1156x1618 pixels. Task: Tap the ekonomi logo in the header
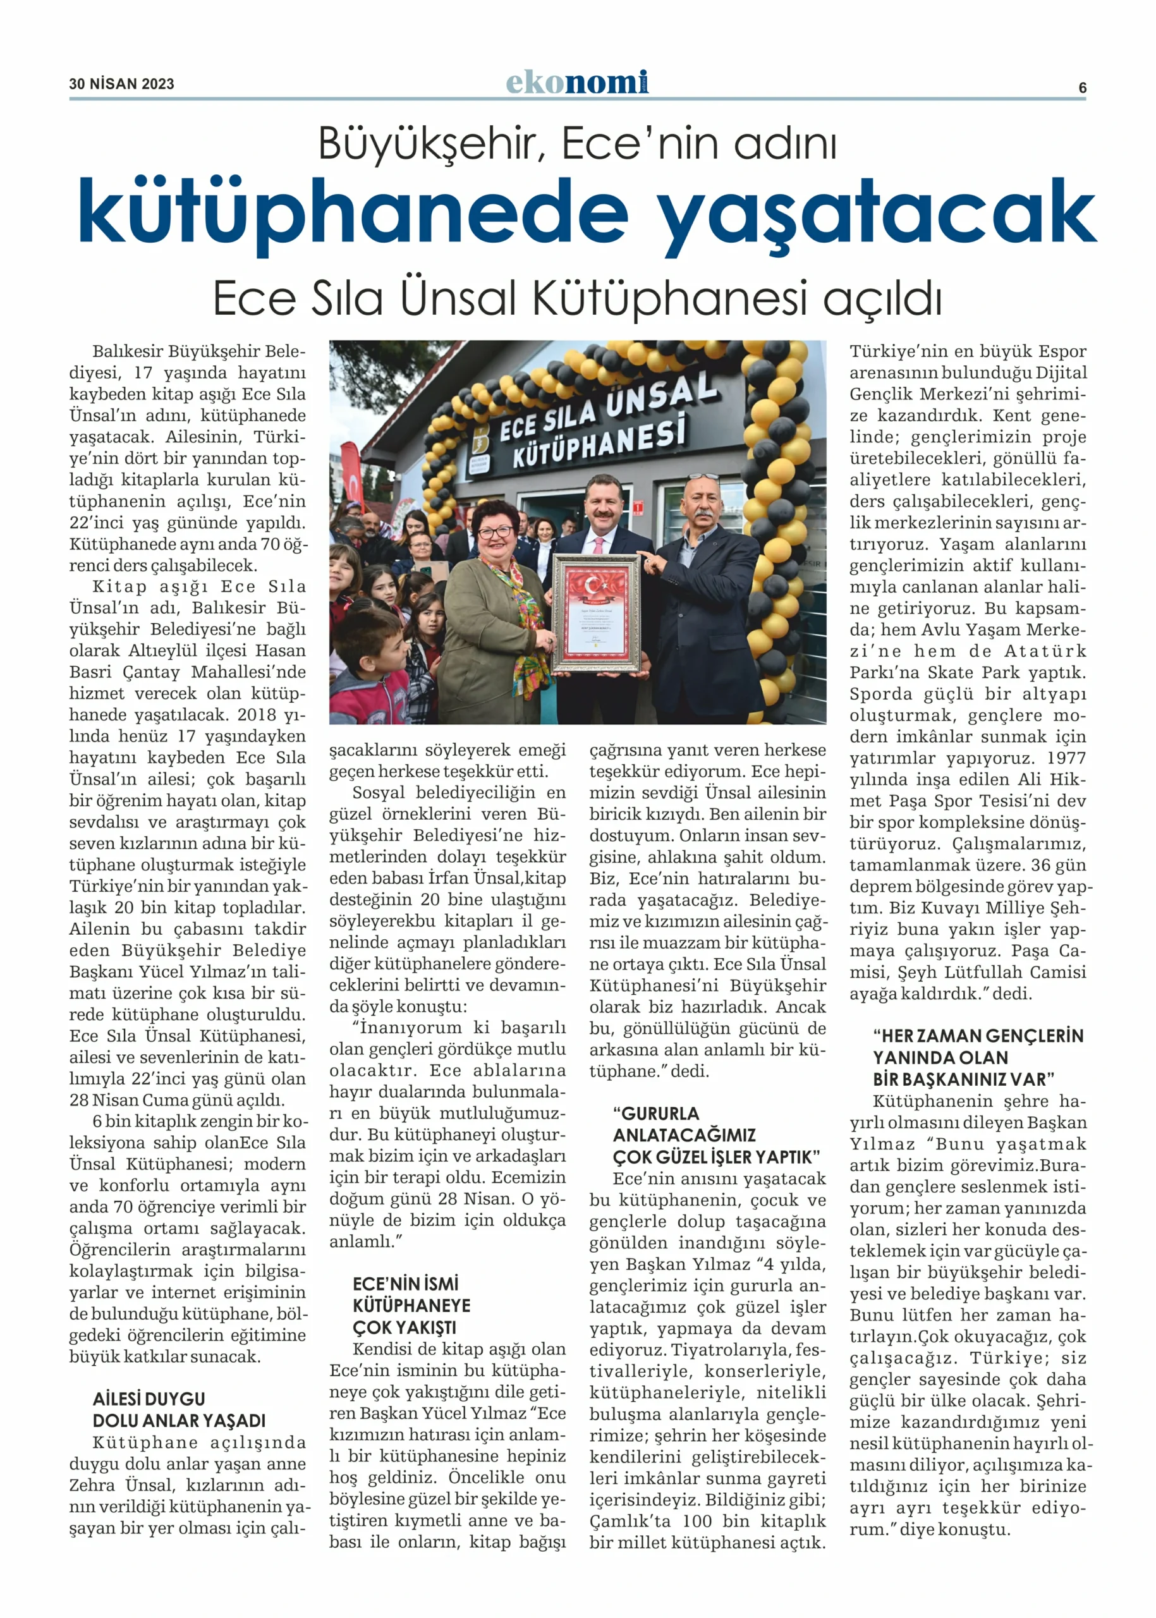click(576, 83)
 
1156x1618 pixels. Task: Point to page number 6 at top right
click(1082, 88)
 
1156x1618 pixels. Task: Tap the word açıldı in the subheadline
click(883, 299)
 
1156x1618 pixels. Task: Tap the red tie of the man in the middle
click(599, 545)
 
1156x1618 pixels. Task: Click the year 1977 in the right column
click(1066, 758)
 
